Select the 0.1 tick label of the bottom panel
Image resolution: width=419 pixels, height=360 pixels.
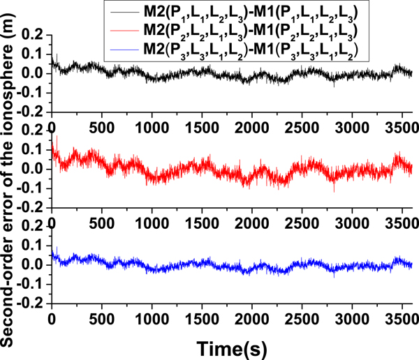34,246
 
